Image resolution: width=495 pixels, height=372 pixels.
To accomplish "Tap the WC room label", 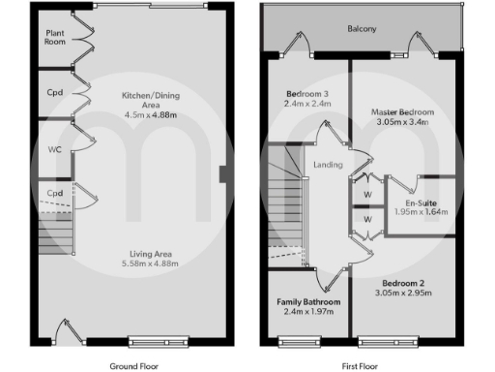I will (54, 150).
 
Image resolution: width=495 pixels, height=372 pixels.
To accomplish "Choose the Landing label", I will (329, 166).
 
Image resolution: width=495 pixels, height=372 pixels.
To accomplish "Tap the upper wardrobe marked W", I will (367, 192).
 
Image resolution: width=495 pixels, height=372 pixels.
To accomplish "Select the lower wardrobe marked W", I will (367, 220).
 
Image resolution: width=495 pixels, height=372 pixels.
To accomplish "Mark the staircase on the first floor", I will (284, 203).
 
